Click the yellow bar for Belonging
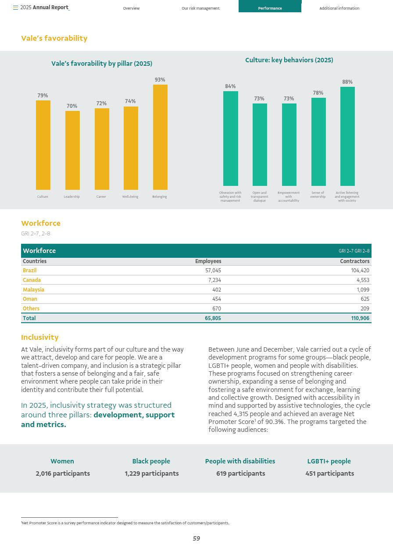coord(160,137)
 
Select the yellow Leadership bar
coord(72,150)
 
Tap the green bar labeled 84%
coord(230,139)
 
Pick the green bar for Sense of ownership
coord(318,142)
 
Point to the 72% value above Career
coord(101,103)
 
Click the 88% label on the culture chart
coord(347,82)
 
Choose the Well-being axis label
coord(130,197)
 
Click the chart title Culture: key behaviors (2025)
coord(289,60)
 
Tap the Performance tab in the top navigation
coord(270,8)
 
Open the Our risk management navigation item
coord(200,8)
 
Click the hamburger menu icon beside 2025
coord(15,8)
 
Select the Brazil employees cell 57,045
coord(213,271)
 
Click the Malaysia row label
coord(33,290)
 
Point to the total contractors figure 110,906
coord(360,318)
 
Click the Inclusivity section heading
coord(40,337)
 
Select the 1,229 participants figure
coord(151,474)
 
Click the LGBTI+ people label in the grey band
coord(329,461)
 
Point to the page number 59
coord(196,538)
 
